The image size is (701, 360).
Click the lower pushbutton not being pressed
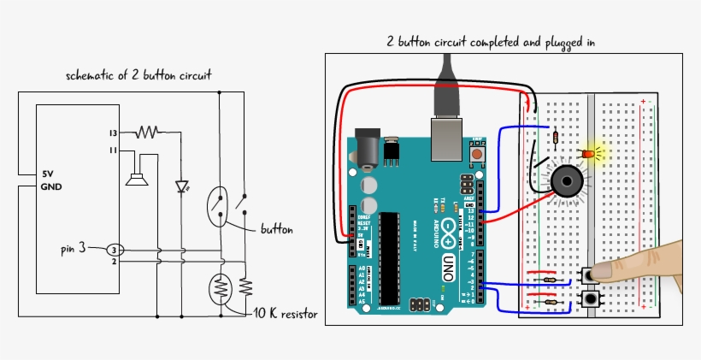click(x=588, y=299)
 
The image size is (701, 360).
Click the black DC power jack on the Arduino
click(x=368, y=152)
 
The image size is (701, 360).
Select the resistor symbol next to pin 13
click(x=147, y=133)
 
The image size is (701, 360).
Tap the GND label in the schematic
click(x=51, y=186)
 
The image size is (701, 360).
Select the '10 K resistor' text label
click(x=286, y=315)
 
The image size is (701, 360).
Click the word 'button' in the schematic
click(x=277, y=230)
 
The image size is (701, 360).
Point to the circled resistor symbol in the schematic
click(x=221, y=290)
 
